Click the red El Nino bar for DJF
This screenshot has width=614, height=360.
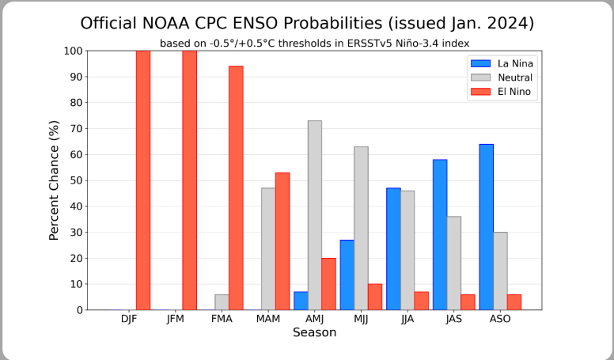(x=143, y=180)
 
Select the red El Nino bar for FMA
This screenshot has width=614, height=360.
(x=236, y=188)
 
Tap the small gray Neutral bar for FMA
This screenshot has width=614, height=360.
(x=222, y=302)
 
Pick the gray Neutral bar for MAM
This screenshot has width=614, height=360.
(x=268, y=249)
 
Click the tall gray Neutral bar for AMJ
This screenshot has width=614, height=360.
(x=315, y=215)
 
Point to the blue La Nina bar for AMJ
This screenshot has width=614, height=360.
(x=301, y=301)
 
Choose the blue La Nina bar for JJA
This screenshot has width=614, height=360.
(x=393, y=249)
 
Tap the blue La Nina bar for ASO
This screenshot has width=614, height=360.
(x=486, y=227)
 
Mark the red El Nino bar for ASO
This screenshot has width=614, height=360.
(x=514, y=302)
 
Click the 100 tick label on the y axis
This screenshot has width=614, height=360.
(x=73, y=51)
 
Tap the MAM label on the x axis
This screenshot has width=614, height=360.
(x=268, y=319)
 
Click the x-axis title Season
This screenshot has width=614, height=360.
(x=314, y=333)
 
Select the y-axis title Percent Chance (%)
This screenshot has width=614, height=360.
(x=55, y=180)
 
